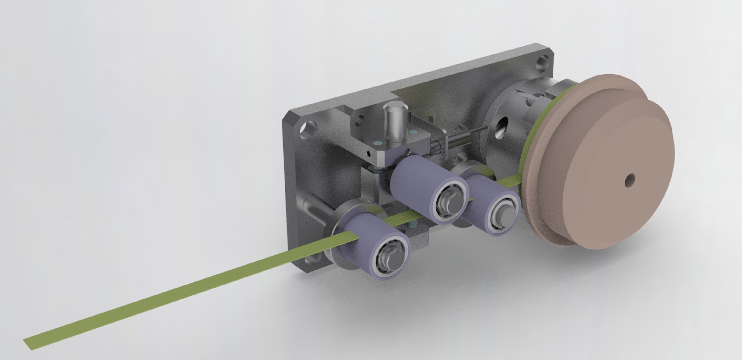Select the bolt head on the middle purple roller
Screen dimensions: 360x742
pos(450,202)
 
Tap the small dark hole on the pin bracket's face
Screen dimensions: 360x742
pos(368,154)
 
